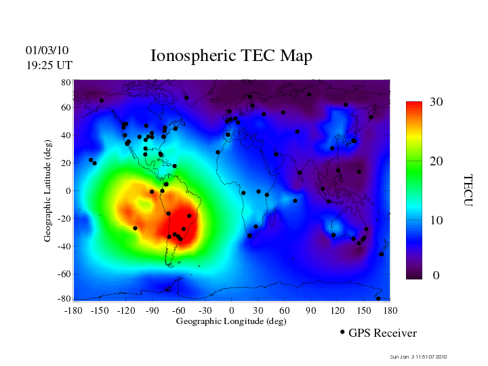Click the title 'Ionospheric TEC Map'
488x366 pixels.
231,56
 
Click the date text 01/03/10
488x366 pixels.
47,51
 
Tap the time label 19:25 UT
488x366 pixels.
49,65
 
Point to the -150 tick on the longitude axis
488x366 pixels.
100,310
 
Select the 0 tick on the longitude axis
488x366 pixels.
232,310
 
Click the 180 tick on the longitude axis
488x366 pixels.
390,310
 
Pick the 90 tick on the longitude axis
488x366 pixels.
311,310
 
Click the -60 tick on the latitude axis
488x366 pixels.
63,274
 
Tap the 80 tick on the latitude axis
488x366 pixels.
66,82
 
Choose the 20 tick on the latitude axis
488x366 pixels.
66,163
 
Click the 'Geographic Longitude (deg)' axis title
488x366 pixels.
230,321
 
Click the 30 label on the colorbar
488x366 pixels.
436,102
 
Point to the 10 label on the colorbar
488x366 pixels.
436,221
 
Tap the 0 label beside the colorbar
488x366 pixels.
436,276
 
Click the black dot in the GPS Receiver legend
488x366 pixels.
342,332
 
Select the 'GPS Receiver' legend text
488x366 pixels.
382,333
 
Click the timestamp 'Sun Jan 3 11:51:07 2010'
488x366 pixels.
419,357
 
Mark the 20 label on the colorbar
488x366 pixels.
436,163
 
